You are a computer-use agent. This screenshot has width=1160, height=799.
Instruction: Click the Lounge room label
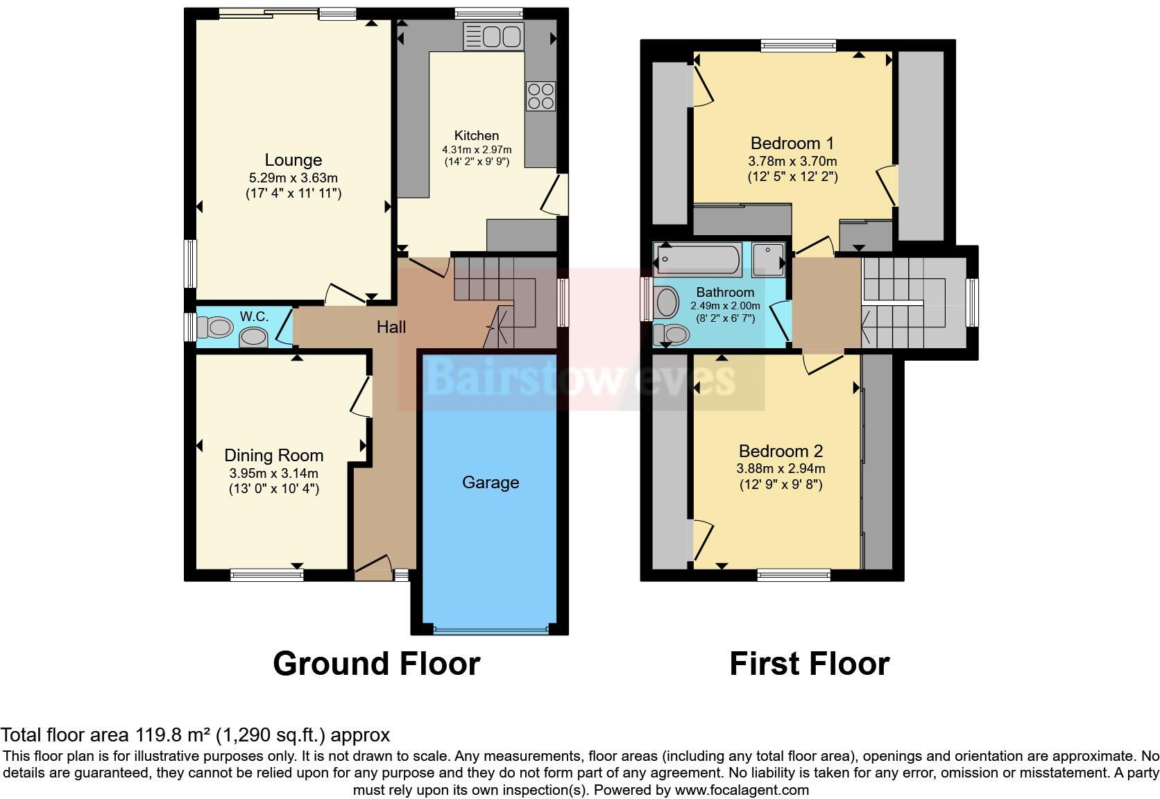pyautogui.click(x=293, y=160)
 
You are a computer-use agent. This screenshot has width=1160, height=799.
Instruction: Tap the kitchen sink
pyautogui.click(x=493, y=36)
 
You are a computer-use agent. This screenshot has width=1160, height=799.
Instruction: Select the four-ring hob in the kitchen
pyautogui.click(x=540, y=96)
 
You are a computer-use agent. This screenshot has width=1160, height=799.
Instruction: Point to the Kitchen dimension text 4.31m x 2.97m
pyautogui.click(x=477, y=150)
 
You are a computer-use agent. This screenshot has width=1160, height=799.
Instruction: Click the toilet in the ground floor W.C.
pyautogui.click(x=214, y=327)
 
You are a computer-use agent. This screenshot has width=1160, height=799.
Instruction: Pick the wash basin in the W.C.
pyautogui.click(x=253, y=337)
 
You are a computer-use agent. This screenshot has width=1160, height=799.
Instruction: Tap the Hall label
pyautogui.click(x=391, y=327)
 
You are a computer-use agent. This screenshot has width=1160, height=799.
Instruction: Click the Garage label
pyautogui.click(x=491, y=482)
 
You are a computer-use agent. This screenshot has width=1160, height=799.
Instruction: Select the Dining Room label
pyautogui.click(x=274, y=455)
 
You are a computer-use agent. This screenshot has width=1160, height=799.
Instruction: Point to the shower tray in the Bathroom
pyautogui.click(x=769, y=259)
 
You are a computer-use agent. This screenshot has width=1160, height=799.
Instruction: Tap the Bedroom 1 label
pyautogui.click(x=792, y=143)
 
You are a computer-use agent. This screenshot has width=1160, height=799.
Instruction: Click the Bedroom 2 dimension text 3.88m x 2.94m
pyautogui.click(x=781, y=469)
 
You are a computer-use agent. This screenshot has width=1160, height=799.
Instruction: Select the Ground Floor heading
pyautogui.click(x=377, y=664)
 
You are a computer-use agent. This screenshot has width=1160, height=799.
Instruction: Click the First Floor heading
pyautogui.click(x=810, y=664)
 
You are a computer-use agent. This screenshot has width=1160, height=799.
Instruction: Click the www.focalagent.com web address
pyautogui.click(x=742, y=790)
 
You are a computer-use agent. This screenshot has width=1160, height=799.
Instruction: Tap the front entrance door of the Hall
pyautogui.click(x=373, y=567)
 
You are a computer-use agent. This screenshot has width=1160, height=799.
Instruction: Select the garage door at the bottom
pyautogui.click(x=491, y=630)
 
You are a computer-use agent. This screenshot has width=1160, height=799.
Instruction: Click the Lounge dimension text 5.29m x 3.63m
pyautogui.click(x=293, y=178)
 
